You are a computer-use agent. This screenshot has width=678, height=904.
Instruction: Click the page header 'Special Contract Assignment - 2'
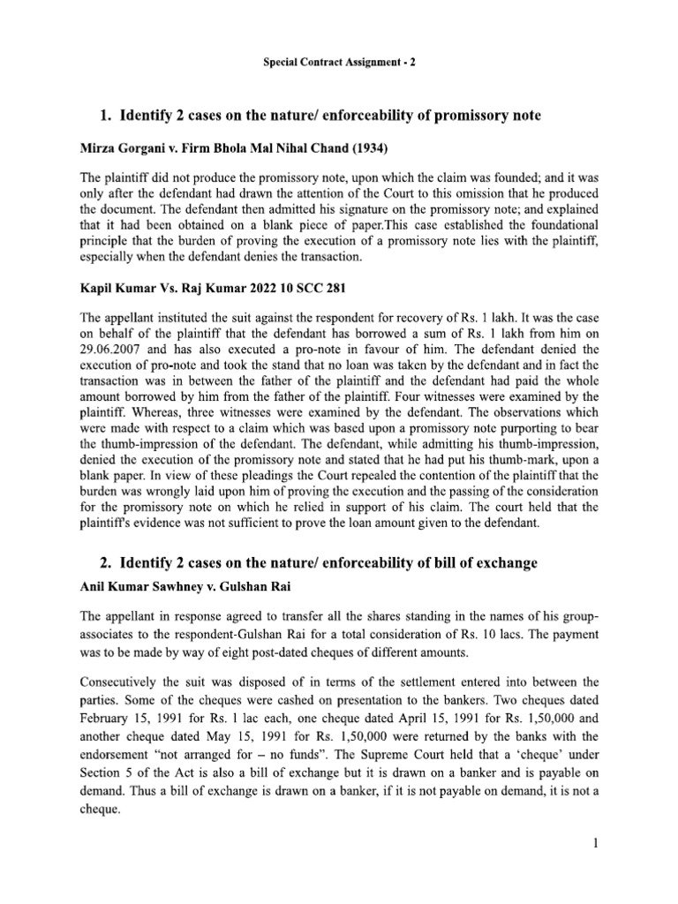pos(339,66)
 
